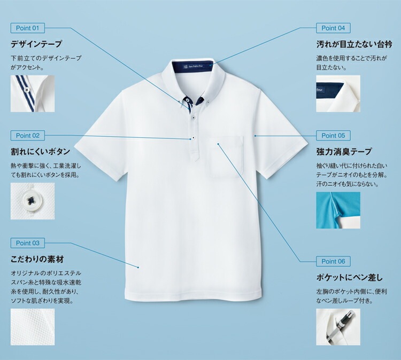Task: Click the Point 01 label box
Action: [x=28, y=28]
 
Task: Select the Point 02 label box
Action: [x=28, y=136]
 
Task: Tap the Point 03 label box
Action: [x=28, y=243]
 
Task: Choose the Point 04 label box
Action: [x=333, y=28]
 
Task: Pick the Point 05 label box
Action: [x=333, y=136]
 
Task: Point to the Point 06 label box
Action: [x=333, y=261]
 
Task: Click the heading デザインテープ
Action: [x=36, y=44]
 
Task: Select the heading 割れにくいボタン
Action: [x=41, y=152]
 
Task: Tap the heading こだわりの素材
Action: [x=37, y=260]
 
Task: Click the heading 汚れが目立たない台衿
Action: [x=354, y=44]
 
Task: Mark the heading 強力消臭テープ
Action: [x=344, y=152]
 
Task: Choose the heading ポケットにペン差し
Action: [x=349, y=277]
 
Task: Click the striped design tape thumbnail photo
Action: [x=33, y=93]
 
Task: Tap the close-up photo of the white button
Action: [x=33, y=201]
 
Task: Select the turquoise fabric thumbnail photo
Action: [x=338, y=210]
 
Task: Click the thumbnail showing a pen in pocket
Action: [x=338, y=327]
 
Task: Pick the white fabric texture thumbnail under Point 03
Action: [x=33, y=327]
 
